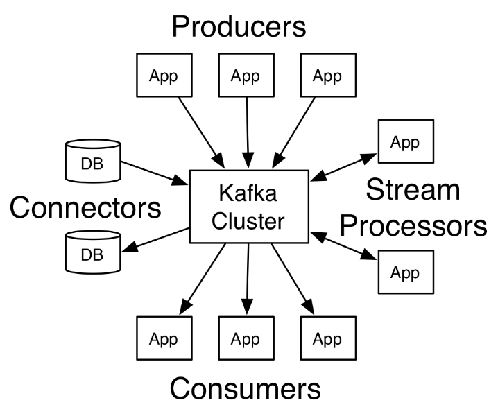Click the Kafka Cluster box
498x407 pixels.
(x=248, y=207)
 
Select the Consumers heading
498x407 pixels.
(x=246, y=388)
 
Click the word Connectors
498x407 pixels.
(x=85, y=207)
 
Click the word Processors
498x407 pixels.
(x=414, y=225)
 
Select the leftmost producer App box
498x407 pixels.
(x=164, y=76)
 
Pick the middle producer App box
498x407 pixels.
(x=246, y=76)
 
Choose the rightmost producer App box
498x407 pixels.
(x=327, y=76)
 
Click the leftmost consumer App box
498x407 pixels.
(x=164, y=339)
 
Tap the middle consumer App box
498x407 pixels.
(x=246, y=339)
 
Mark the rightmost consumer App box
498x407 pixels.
(x=327, y=339)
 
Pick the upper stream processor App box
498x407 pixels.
(x=406, y=142)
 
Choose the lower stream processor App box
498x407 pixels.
(x=406, y=272)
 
